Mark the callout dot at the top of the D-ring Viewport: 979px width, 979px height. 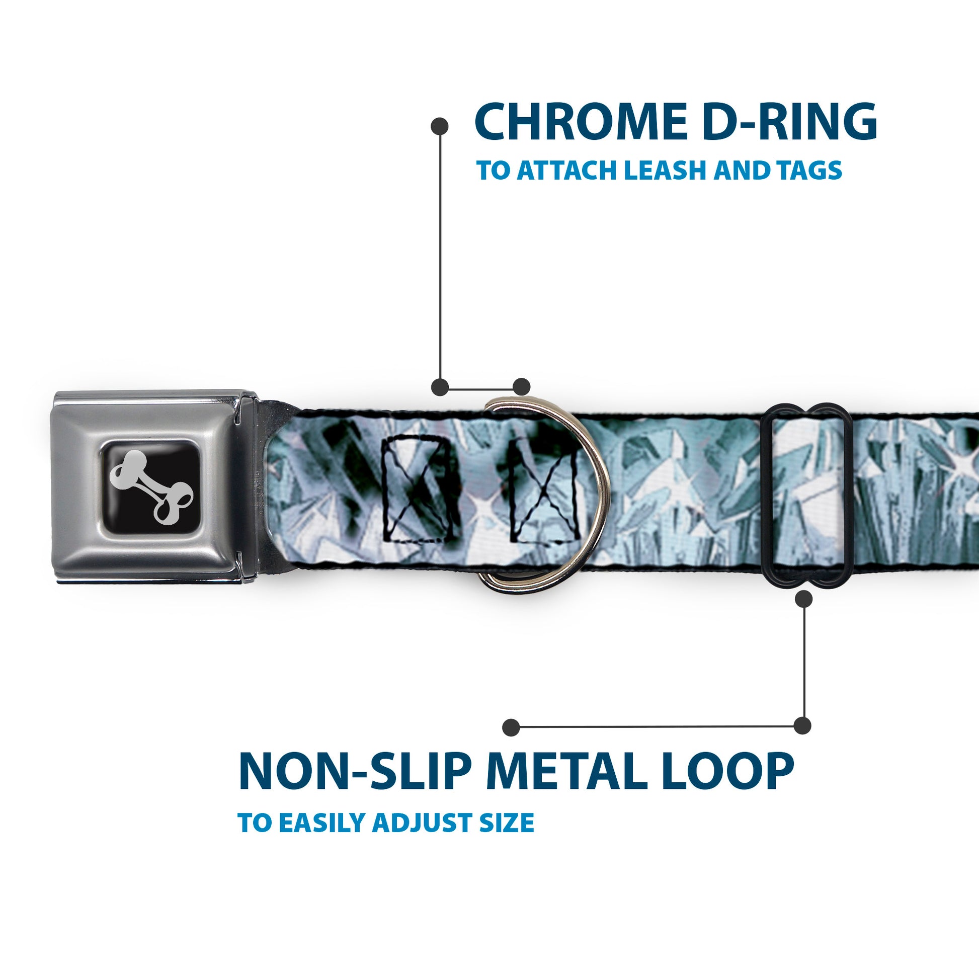[521, 387]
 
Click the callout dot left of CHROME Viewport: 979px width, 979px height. [439, 126]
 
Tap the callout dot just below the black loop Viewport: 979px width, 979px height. [803, 600]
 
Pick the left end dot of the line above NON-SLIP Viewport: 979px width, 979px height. [511, 727]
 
